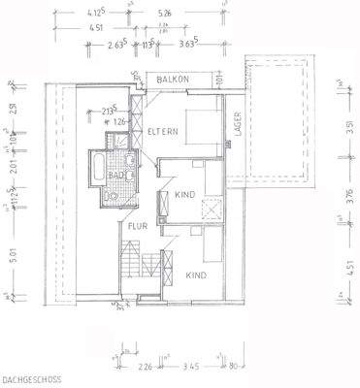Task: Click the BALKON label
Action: coord(179,79)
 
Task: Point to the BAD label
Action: coord(116,175)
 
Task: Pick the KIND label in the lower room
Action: coord(198,275)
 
